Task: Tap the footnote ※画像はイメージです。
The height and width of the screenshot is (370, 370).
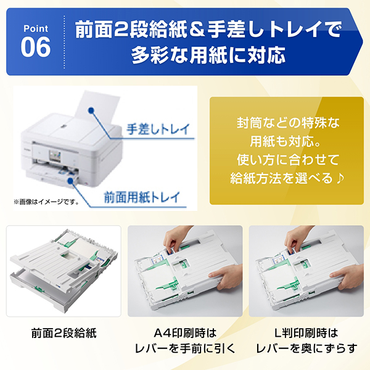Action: click(46, 201)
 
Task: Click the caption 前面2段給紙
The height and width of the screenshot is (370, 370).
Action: click(63, 334)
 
